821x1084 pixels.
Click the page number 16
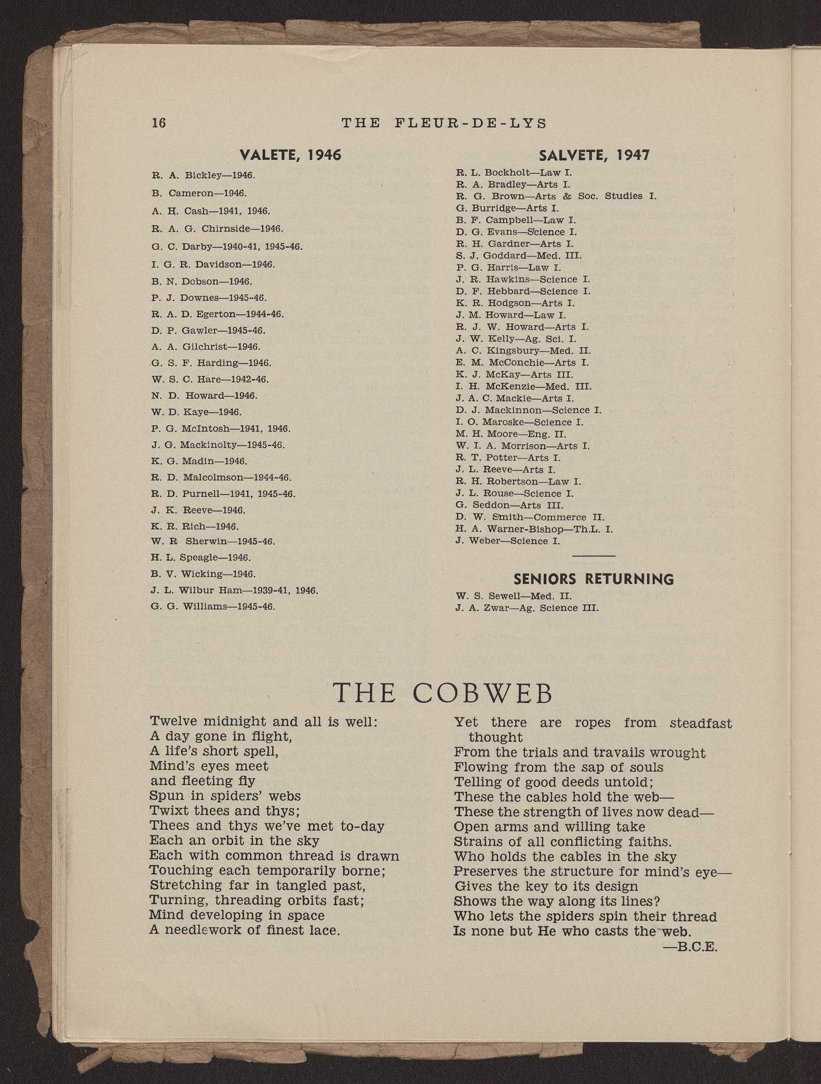158,123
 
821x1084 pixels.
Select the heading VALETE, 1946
290,155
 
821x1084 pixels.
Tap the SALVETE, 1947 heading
594,155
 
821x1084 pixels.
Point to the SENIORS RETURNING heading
594,579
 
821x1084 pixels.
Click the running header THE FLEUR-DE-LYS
444,123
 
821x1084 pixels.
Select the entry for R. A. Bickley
203,175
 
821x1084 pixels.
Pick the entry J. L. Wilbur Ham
234,590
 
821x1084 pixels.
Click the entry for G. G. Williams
213,606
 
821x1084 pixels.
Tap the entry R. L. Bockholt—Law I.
514,172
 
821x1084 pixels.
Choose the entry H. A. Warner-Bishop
534,529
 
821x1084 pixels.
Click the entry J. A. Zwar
527,608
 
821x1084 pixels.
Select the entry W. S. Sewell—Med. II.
513,596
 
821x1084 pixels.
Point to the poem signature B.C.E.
691,946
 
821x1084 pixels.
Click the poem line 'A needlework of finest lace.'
244,930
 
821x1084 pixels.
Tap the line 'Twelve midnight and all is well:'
263,721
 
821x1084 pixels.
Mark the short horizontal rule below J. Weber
594,556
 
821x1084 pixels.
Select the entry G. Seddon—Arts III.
509,505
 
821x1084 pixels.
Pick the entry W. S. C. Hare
210,380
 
